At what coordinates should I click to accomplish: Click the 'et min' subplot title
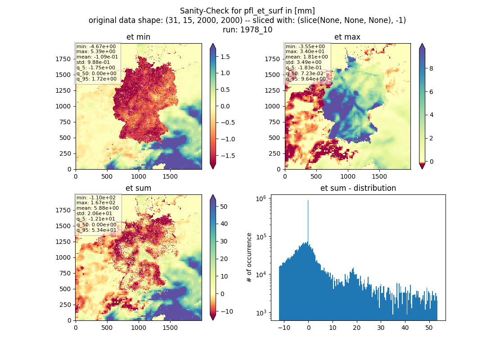coord(138,37)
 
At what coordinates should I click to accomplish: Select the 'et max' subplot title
coord(347,37)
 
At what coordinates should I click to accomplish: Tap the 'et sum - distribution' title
coord(358,188)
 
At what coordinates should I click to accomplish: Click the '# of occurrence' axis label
coord(249,257)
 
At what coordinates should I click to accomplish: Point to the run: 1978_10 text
coord(247,30)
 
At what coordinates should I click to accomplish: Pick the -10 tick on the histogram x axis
coord(284,328)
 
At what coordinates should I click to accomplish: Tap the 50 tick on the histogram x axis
coord(429,328)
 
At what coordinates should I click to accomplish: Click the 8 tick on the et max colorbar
coord(431,68)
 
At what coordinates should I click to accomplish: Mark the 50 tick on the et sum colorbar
coord(224,207)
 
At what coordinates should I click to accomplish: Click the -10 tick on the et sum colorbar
coord(226,311)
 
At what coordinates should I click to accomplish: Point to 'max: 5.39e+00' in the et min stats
coord(96,51)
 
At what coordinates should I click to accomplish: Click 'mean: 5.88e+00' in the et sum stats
coord(98,208)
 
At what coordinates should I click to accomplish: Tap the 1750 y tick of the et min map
coord(63,59)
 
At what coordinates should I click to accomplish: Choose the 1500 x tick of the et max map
coord(379,176)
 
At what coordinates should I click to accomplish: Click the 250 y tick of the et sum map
coord(65,305)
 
